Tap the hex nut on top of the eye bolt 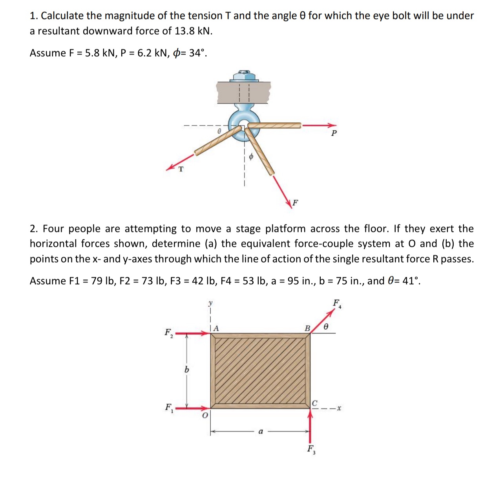click(244, 75)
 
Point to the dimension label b click(186, 370)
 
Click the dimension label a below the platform click(260, 432)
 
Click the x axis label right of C click(339, 408)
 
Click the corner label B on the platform click(307, 328)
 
